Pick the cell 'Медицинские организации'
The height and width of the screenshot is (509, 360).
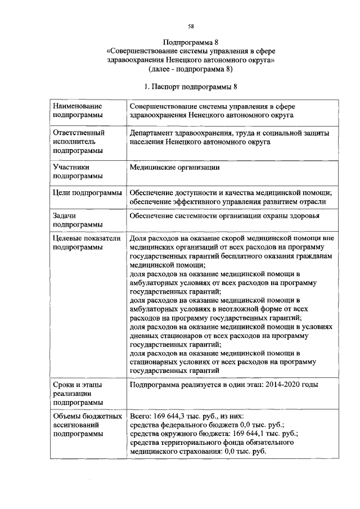pyautogui.click(x=174, y=167)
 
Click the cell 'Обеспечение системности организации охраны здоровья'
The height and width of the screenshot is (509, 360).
pyautogui.click(x=225, y=215)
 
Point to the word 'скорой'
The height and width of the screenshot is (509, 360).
pyautogui.click(x=243, y=238)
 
